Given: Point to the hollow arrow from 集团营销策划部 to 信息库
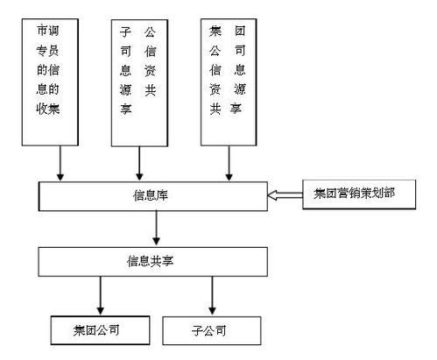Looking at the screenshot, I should point(284,192).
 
